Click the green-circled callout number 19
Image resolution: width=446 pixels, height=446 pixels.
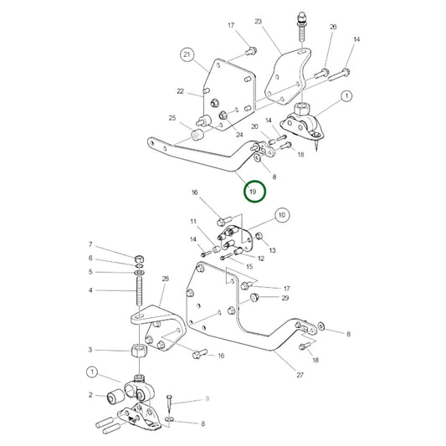254,192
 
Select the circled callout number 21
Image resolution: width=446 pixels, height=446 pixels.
187,54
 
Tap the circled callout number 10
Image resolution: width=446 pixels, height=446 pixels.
282,215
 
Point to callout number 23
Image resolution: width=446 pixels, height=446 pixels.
259,22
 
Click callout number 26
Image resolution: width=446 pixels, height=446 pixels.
333,27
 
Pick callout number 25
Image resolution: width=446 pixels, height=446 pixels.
172,118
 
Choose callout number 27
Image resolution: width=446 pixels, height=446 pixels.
300,375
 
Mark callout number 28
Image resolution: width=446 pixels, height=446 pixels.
165,279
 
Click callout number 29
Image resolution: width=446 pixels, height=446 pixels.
285,298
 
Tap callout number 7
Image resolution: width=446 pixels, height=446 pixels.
90,244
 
